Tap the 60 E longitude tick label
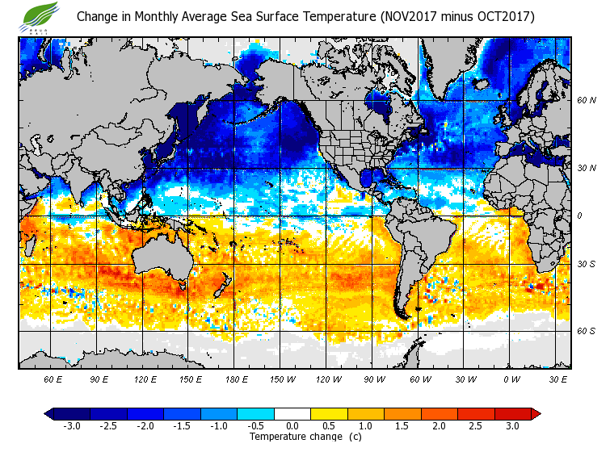[53, 379]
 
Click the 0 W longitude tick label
[511, 379]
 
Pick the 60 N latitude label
[586, 100]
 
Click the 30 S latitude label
[586, 264]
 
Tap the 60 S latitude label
[586, 331]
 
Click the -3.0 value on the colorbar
[72, 426]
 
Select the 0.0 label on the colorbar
[292, 426]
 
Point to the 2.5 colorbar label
[476, 426]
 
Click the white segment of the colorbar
[292, 414]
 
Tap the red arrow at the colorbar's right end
[535, 414]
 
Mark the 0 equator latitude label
[580, 216]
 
